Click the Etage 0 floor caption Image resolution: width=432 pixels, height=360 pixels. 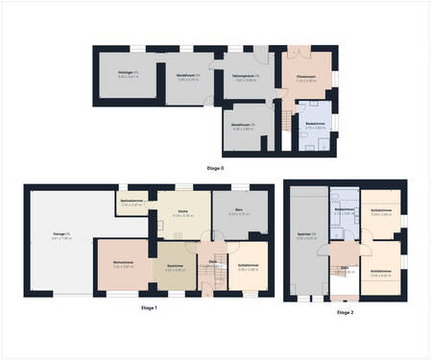[x=215, y=168]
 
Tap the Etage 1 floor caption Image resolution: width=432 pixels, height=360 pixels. [x=149, y=306]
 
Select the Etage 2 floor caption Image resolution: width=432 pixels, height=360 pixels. [x=345, y=313]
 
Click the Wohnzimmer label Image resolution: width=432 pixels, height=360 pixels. [x=122, y=264]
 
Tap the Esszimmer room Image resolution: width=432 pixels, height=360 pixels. [x=174, y=270]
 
